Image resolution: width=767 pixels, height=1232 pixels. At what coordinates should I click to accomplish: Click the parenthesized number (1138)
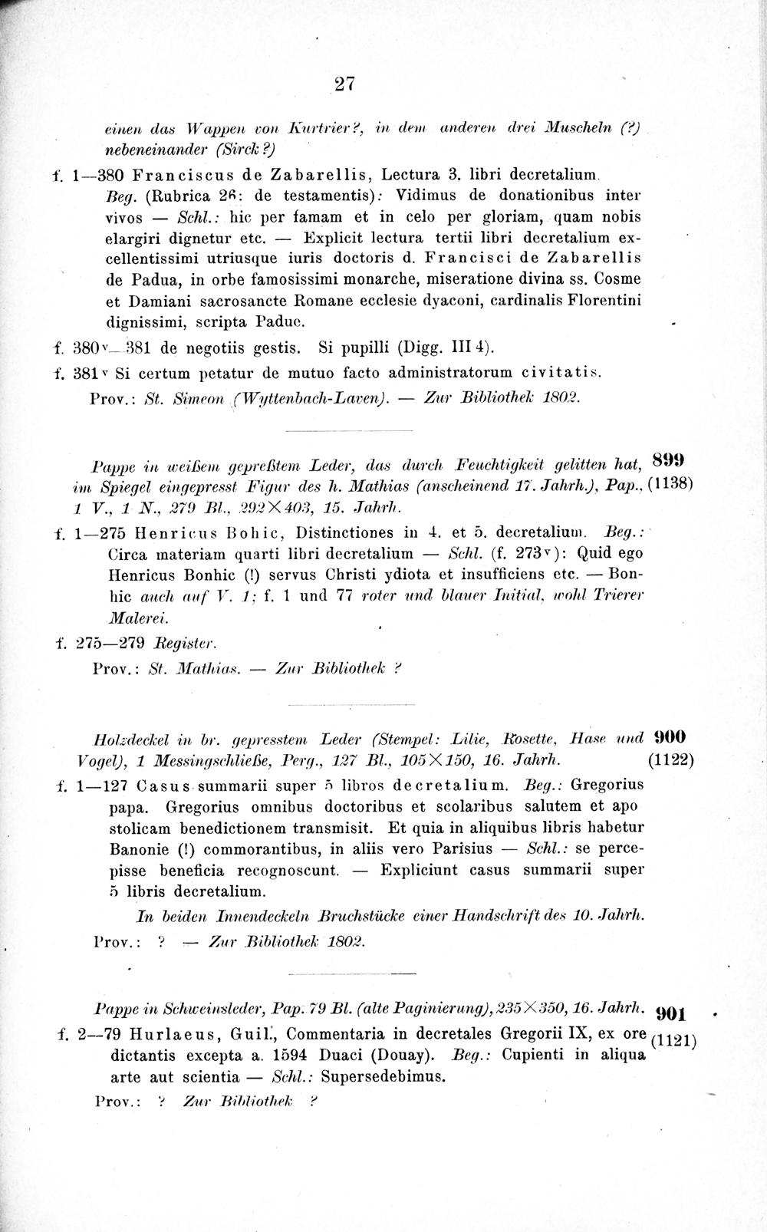click(x=670, y=485)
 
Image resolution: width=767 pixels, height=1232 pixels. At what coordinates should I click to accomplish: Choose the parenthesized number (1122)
click(x=670, y=761)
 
